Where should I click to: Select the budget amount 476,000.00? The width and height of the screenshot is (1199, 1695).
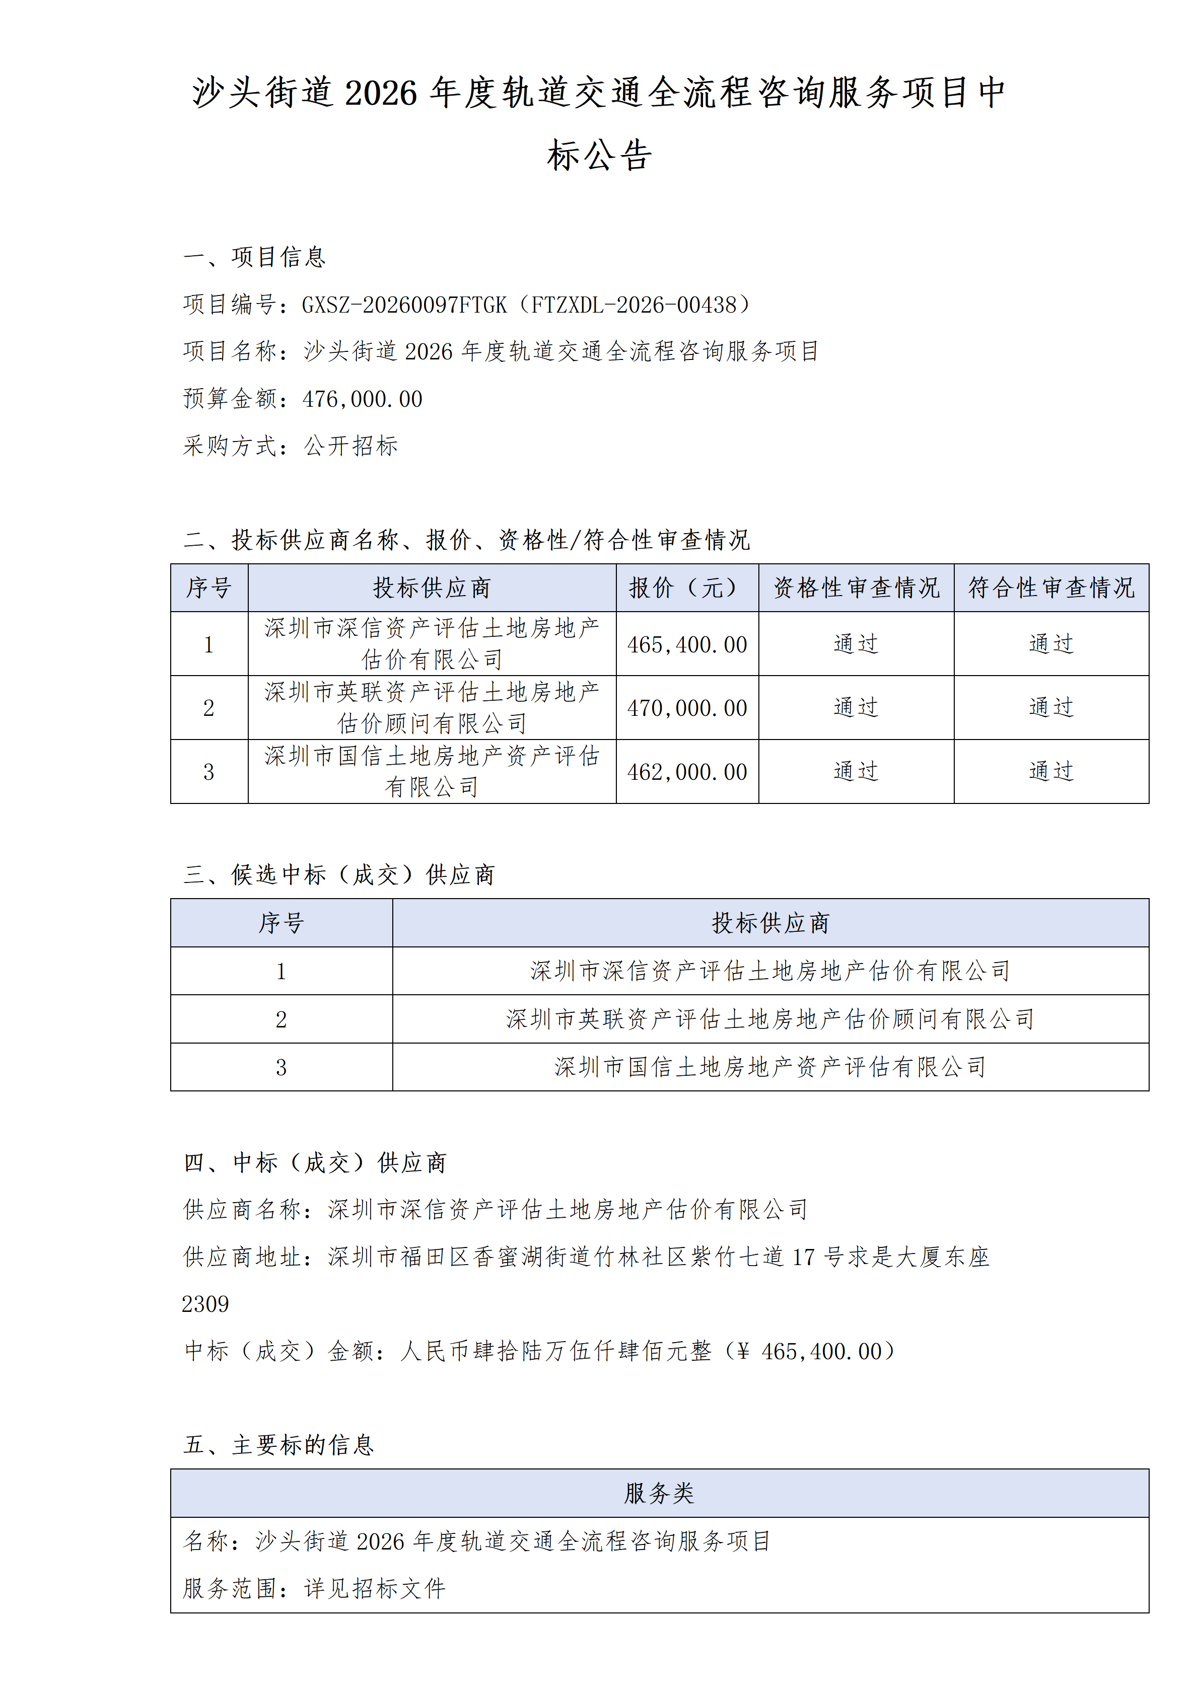click(x=363, y=399)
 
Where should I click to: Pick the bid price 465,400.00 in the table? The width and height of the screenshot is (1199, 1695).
click(x=687, y=644)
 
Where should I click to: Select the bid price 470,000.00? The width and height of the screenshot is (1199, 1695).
click(x=687, y=708)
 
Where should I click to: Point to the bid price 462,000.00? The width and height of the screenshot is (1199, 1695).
click(x=687, y=772)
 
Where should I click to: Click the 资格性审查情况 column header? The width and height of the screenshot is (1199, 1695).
click(x=856, y=587)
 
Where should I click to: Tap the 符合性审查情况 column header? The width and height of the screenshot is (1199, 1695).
click(x=1050, y=587)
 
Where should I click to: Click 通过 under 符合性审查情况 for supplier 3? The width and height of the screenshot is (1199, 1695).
click(x=1050, y=771)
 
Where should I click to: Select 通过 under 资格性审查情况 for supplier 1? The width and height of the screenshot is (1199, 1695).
click(x=856, y=644)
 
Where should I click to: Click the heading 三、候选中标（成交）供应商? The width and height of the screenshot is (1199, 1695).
click(x=338, y=875)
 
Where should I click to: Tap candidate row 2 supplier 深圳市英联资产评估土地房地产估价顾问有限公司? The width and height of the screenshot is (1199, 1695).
click(x=769, y=1019)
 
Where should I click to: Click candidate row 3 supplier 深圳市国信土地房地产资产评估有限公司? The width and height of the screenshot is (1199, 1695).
click(x=769, y=1068)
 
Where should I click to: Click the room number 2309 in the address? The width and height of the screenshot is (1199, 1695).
click(x=205, y=1304)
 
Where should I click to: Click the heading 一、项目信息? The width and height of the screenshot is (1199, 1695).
click(x=254, y=257)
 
